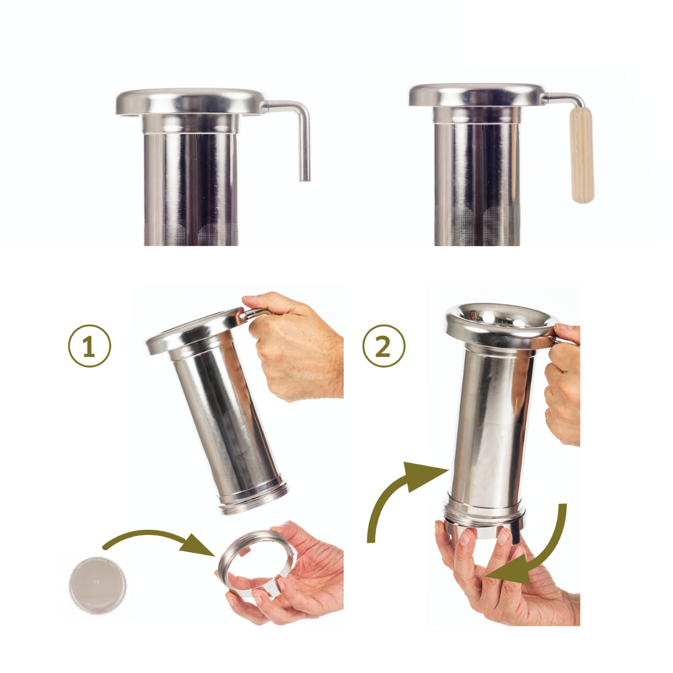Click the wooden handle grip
point(582,155)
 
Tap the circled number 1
point(89,346)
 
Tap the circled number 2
point(384,346)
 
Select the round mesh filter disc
point(98,585)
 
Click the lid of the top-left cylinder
point(191,102)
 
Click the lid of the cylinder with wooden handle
point(477,95)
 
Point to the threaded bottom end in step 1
point(252,498)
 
